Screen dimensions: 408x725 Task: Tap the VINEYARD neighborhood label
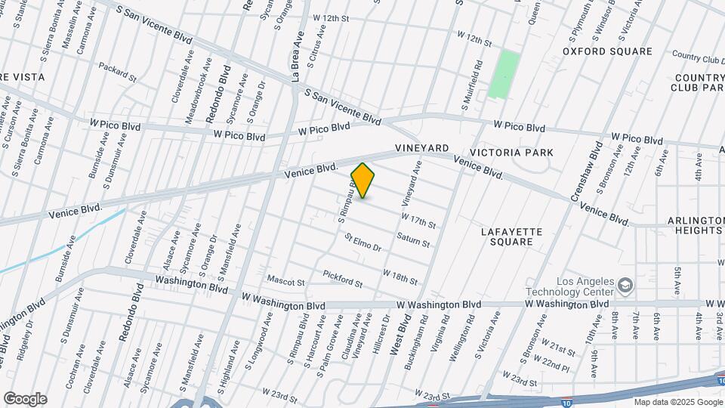point(421,148)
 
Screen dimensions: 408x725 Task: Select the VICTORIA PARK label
point(522,153)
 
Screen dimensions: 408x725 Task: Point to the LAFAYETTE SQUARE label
point(507,236)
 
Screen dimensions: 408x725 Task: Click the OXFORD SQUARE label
point(607,51)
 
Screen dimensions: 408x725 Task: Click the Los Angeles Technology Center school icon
point(625,285)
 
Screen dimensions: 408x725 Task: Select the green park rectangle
point(504,74)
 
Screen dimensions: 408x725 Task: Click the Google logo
point(25,399)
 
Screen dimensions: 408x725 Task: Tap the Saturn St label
point(413,241)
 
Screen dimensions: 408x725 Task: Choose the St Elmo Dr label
point(363,243)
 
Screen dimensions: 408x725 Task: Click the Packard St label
point(117,73)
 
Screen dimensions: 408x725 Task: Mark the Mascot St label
point(285,283)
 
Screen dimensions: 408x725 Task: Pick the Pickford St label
point(343,279)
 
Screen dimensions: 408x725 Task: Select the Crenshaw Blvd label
point(585,172)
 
